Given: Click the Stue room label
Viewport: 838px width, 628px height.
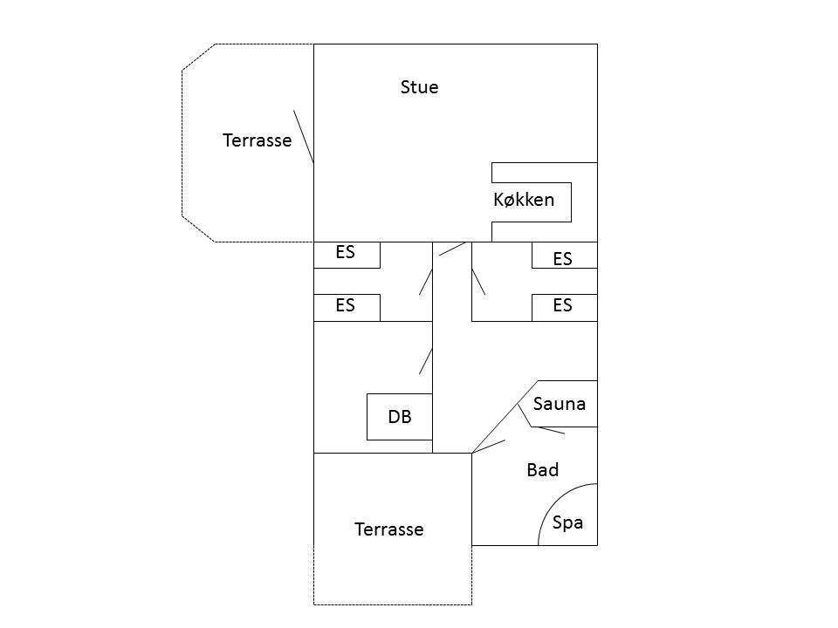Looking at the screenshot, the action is tap(420, 87).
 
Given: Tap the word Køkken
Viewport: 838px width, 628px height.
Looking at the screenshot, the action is tap(524, 200).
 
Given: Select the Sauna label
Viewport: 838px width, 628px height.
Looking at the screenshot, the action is tap(560, 404).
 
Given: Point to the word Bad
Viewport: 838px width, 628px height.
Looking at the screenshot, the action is tap(542, 470).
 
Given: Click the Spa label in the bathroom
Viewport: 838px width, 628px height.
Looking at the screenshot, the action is tap(567, 522).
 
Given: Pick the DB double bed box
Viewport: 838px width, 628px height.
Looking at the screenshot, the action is tap(400, 417).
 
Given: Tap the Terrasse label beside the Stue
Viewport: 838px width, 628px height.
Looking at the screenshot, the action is tap(257, 140).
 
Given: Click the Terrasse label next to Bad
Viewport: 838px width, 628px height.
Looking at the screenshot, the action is tap(389, 529).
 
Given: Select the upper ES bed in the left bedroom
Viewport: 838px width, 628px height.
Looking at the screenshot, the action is tap(347, 255).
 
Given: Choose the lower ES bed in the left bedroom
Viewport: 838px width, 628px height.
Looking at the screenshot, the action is tap(347, 308).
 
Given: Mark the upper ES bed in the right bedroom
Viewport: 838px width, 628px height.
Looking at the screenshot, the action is tap(565, 255).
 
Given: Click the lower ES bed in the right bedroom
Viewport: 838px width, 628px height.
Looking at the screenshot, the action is tap(565, 308).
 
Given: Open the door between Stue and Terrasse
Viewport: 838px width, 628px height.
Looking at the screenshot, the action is tap(304, 137).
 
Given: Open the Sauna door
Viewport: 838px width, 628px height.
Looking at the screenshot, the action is tap(548, 430).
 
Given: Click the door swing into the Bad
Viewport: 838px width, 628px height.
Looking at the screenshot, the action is tap(489, 447).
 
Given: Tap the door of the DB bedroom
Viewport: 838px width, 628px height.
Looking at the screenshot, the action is tap(426, 361).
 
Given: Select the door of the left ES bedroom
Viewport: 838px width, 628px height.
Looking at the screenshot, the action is tap(426, 282).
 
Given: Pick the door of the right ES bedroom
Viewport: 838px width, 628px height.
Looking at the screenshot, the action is tap(478, 282).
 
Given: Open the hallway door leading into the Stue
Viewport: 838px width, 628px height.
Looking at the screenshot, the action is tap(453, 249).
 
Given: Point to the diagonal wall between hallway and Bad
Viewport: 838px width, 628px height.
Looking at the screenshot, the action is tap(505, 417).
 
